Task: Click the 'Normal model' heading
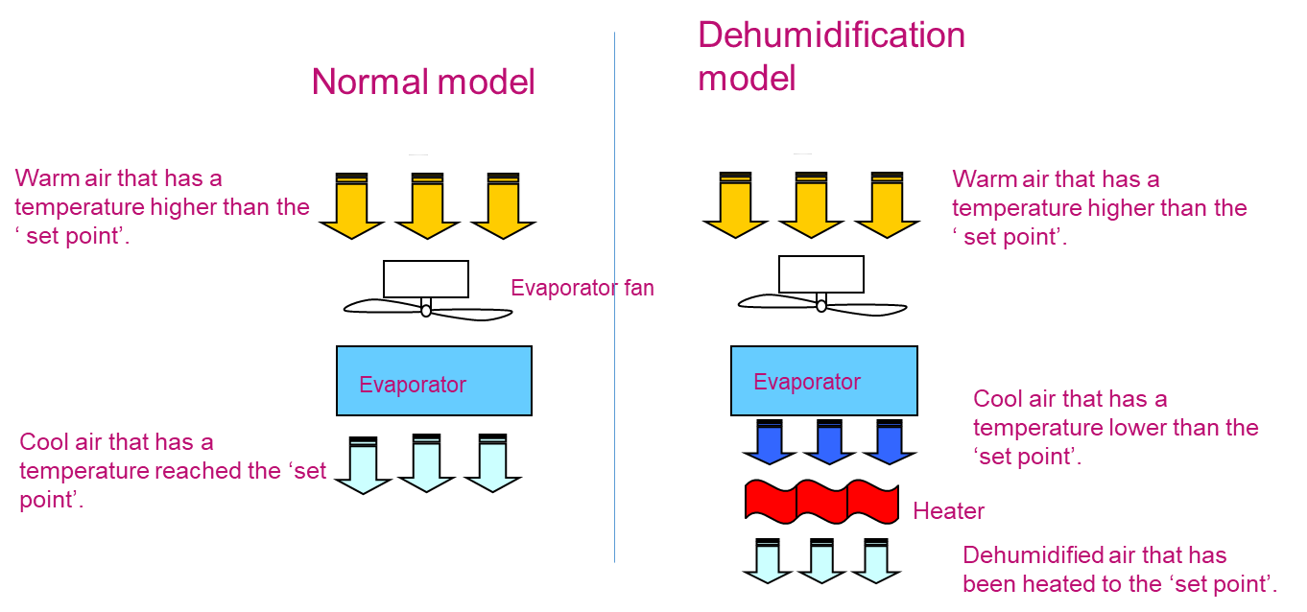[423, 82]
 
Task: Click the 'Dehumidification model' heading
[830, 56]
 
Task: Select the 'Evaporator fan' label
[582, 288]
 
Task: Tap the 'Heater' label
[948, 511]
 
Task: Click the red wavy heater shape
[821, 502]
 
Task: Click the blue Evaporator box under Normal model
[434, 381]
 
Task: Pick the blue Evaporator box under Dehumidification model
[823, 381]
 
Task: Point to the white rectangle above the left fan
[425, 279]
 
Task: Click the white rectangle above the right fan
[820, 274]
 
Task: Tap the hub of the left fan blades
[426, 310]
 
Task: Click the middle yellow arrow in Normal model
[427, 209]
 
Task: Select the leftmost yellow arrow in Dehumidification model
[735, 209]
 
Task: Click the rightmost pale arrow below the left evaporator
[493, 468]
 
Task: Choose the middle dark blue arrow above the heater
[829, 444]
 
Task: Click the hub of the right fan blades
[821, 306]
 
